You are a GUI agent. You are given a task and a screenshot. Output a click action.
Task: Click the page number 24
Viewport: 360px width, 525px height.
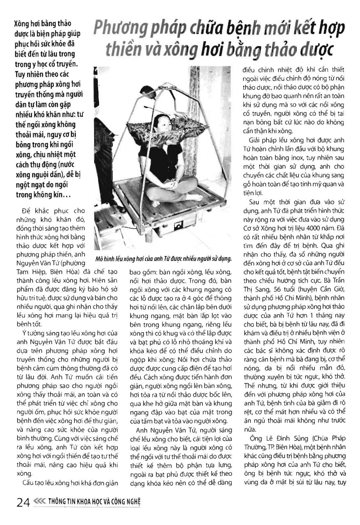(23, 503)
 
